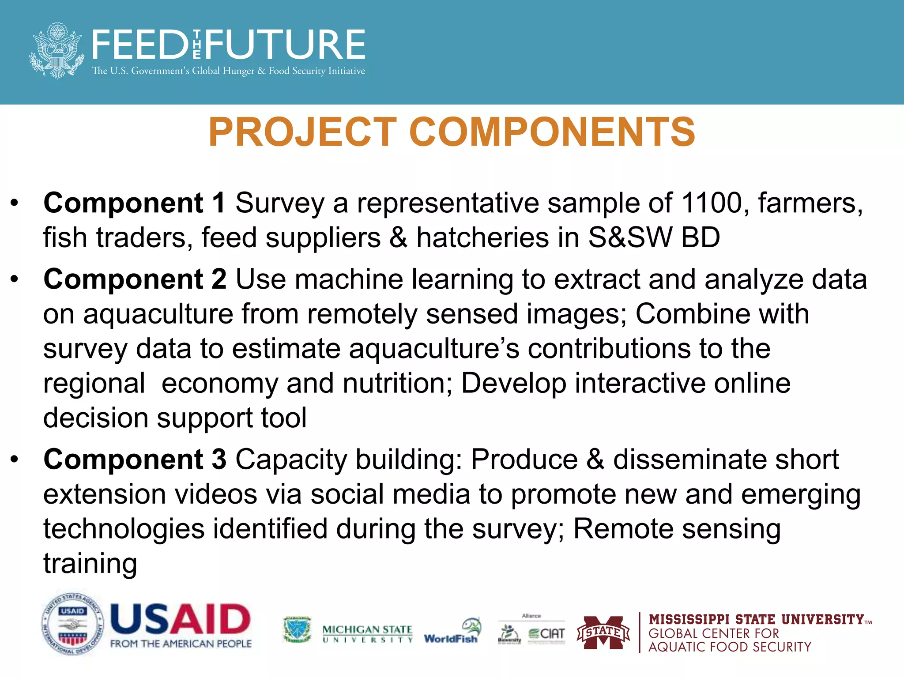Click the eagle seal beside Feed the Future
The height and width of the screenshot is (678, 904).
(x=56, y=51)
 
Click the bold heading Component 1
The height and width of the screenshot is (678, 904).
(x=135, y=203)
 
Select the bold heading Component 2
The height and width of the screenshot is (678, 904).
(x=135, y=279)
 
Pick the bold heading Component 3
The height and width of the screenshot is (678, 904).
(x=135, y=460)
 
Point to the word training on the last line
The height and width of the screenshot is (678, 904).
(x=90, y=564)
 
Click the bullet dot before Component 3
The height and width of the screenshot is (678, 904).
(x=15, y=460)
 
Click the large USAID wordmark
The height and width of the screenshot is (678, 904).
(x=180, y=619)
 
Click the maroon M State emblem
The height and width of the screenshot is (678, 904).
(x=603, y=633)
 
